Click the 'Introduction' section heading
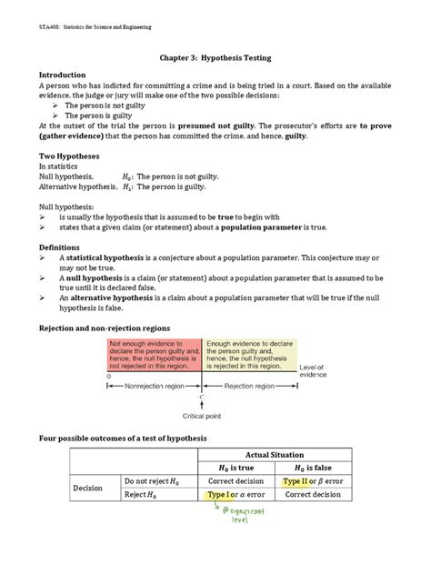pyautogui.click(x=68, y=75)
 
